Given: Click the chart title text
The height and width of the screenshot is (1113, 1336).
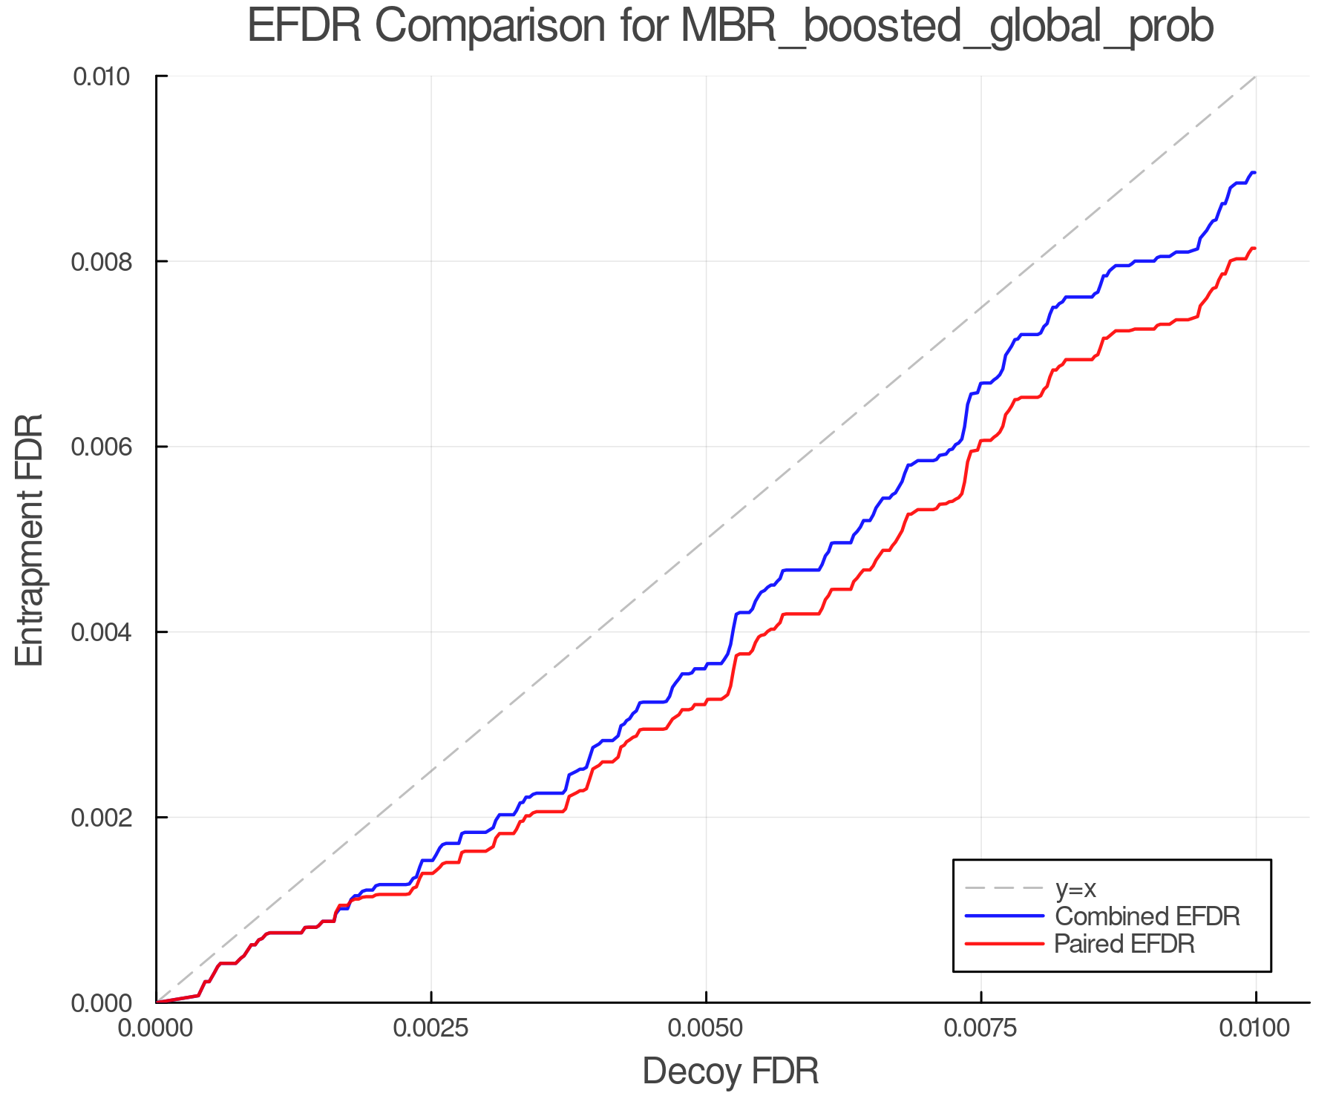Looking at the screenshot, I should (x=730, y=27).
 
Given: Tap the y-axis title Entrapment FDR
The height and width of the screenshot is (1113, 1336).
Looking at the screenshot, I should (x=30, y=539).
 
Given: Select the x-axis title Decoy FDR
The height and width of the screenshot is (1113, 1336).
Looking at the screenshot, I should (x=730, y=1071).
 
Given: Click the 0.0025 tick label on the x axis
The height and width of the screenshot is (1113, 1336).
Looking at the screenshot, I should (x=431, y=1028).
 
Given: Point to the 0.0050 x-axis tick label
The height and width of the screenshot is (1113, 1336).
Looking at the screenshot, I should (x=706, y=1028).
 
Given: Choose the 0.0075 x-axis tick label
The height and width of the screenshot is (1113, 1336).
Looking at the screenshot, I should (x=981, y=1028).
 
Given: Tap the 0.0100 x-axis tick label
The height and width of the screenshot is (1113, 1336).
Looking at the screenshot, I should (x=1255, y=1028).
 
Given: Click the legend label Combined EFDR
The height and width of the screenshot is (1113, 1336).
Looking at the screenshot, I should (x=1147, y=916).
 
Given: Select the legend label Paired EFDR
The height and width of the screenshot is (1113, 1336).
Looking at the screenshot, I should (x=1124, y=944).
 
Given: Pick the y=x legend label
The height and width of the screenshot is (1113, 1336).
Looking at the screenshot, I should (x=1075, y=888).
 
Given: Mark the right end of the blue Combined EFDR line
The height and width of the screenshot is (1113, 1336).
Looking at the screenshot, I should (x=1255, y=173).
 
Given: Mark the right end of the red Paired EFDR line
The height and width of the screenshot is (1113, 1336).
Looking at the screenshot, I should (x=1255, y=249).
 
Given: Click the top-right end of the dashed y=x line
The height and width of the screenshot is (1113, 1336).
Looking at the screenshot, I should (x=1255, y=76).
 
